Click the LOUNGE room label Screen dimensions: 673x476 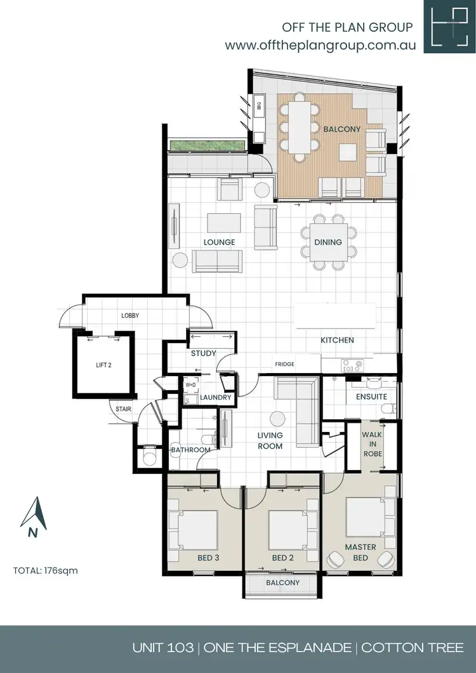220,242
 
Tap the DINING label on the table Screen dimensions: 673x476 327,242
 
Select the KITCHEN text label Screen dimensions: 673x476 337,341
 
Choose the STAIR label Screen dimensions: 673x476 123,409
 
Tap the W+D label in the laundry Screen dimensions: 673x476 190,385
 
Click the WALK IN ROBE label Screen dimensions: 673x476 371,445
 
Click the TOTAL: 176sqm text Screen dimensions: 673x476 45,570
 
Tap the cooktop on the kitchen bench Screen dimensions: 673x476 352,365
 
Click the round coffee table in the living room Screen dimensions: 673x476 277,419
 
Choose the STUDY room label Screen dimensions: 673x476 204,353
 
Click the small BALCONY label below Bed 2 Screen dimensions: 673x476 282,582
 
